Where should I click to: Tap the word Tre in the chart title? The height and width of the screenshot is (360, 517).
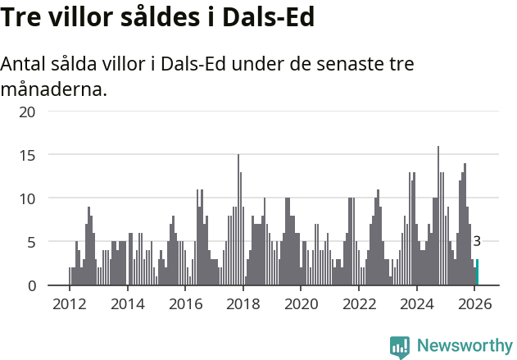23,17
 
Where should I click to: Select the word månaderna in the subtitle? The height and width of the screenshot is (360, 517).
54,89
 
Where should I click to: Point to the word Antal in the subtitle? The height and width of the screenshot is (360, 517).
25,65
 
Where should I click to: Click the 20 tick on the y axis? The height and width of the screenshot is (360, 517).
27,111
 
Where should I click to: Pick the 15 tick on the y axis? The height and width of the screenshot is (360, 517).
27,154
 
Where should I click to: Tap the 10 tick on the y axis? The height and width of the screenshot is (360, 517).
27,198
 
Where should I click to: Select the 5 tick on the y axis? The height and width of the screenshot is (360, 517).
31,242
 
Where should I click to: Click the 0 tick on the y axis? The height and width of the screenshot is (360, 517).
31,285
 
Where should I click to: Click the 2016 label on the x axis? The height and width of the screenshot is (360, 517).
185,303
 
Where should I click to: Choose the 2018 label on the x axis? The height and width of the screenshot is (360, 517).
243,303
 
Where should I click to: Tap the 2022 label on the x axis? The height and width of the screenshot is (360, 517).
359,303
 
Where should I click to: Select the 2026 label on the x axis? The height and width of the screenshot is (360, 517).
475,303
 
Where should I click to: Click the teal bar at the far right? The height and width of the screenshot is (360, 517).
477,273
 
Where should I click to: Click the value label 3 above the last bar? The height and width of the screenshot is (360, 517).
477,241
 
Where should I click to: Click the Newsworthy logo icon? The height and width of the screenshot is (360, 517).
400,347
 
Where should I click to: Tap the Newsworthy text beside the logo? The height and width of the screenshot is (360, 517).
464,347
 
